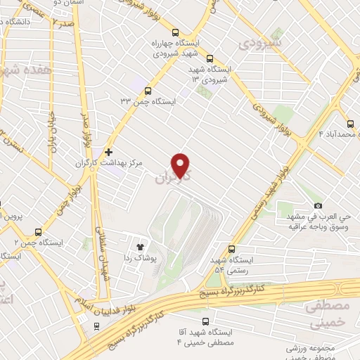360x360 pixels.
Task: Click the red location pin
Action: (181, 165)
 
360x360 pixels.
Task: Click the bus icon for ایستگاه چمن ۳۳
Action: (148, 90)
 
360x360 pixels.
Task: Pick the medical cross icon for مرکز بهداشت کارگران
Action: (108, 151)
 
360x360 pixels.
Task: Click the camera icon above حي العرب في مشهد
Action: (318, 205)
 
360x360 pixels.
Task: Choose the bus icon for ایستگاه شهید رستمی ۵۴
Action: (232, 249)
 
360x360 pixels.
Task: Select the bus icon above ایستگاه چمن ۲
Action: (38, 232)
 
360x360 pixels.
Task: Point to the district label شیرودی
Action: (259, 44)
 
